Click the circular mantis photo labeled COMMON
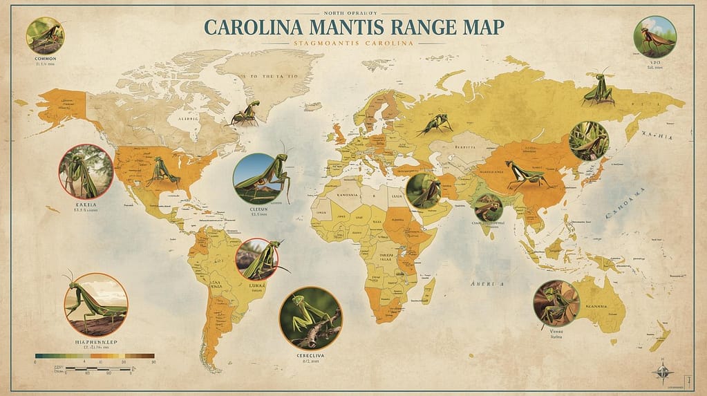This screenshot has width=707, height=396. click(45, 35)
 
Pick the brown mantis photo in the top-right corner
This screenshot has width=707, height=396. click(655, 37)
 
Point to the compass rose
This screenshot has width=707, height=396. click(663, 372)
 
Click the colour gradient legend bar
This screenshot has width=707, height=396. click(95, 355)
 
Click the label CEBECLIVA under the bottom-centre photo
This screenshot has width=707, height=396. click(310, 357)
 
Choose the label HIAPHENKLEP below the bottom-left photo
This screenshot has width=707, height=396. click(95, 342)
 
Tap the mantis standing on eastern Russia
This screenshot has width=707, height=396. click(598, 88)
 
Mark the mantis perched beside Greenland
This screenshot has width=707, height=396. click(246, 113)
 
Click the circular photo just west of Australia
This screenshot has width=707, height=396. click(556, 303)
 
